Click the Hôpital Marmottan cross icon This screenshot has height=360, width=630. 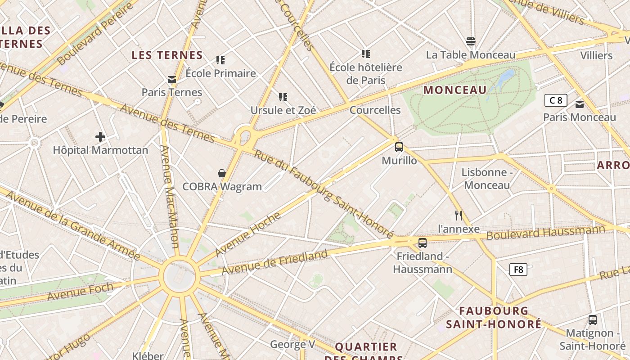100,137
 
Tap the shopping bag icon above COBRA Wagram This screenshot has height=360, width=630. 221,173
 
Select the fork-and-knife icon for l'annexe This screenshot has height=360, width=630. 459,216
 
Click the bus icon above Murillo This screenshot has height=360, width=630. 399,147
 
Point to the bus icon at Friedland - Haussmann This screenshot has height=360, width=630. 422,243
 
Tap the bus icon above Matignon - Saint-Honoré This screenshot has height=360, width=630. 593,320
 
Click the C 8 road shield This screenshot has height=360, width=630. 556,100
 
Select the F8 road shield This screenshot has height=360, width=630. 518,270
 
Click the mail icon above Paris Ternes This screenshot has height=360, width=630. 171,80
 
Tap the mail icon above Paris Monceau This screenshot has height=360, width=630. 580,104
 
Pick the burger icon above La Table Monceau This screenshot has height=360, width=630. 471,42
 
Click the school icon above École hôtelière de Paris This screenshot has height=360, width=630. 366,54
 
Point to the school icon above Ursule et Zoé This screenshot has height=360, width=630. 283,97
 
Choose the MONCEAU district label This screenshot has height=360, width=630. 455,90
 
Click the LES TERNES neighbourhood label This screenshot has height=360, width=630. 167,55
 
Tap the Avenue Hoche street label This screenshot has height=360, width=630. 247,234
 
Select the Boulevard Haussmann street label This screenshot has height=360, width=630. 545,233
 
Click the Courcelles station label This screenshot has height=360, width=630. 375,110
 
